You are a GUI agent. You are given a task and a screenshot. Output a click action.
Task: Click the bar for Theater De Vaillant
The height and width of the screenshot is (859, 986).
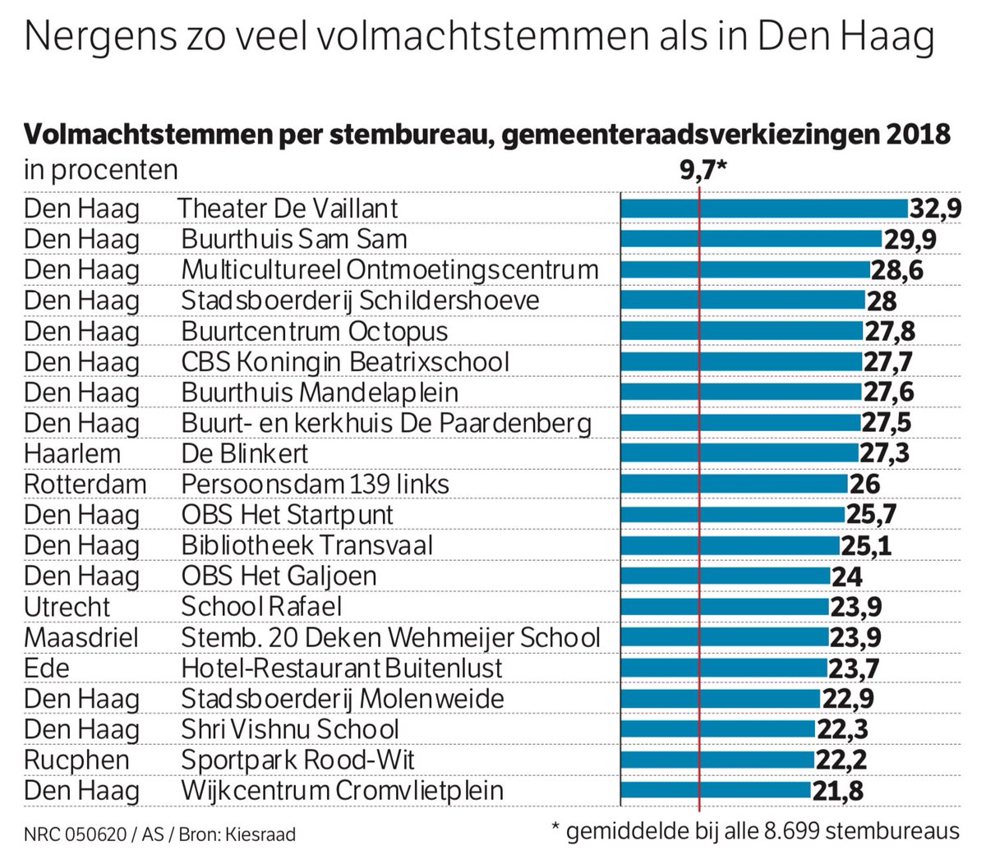tap(763, 209)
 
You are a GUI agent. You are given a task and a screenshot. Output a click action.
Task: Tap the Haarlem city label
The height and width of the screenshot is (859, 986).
tap(72, 453)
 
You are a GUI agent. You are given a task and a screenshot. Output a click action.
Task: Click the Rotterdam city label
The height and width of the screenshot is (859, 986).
tap(85, 484)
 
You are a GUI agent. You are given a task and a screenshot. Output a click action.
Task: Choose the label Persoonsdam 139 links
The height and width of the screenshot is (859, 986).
tap(315, 484)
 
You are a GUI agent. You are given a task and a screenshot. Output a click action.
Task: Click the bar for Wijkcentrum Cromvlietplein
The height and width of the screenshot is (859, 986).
tap(715, 791)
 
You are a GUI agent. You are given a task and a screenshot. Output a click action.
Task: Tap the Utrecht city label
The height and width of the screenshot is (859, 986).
tap(67, 607)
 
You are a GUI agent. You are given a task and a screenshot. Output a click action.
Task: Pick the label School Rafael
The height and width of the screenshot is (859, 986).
tap(261, 607)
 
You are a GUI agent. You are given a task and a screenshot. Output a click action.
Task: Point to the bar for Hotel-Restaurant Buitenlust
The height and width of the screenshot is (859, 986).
tap(723, 668)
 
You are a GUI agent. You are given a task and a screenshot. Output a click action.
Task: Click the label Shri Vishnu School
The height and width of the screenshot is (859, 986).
tap(290, 729)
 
